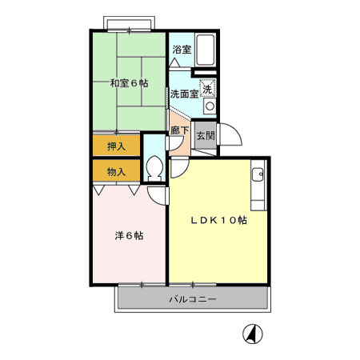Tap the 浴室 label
182,50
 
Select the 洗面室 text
183,94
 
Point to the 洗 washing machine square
208,89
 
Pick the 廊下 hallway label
179,130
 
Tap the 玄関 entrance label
205,135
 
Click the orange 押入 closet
115,146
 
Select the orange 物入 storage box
115,170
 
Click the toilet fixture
155,169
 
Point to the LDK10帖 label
217,221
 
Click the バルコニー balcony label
192,299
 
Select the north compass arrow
251,335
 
